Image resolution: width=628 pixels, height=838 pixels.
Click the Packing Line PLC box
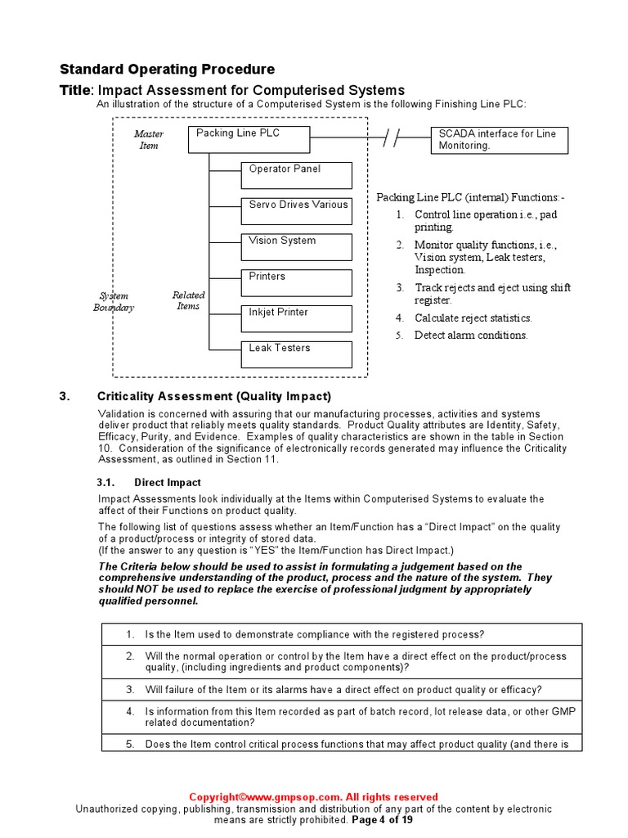point(249,139)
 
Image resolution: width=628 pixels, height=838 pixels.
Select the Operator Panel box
point(296,175)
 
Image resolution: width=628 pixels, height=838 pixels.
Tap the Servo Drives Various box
point(296,211)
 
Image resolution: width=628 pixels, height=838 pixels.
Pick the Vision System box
point(296,247)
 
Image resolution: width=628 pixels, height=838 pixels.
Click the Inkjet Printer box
point(296,318)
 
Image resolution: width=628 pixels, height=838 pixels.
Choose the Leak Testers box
point(296,354)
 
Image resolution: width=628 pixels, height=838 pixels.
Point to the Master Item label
point(149,139)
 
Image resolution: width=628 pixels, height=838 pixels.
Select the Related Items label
point(188,300)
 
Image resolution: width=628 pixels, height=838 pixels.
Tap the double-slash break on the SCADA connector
point(392,139)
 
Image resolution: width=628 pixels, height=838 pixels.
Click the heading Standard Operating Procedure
point(167,70)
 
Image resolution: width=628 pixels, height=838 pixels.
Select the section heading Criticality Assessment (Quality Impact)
point(214,397)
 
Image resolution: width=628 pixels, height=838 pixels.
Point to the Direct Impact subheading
point(168,483)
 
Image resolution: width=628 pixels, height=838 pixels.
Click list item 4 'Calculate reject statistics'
point(473,318)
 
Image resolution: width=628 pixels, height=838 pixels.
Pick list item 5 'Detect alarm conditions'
point(471,336)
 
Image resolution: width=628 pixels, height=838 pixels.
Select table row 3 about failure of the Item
point(343,689)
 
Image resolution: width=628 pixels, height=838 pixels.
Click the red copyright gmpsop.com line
point(313,797)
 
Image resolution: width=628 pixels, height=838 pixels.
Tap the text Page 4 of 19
point(382,819)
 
